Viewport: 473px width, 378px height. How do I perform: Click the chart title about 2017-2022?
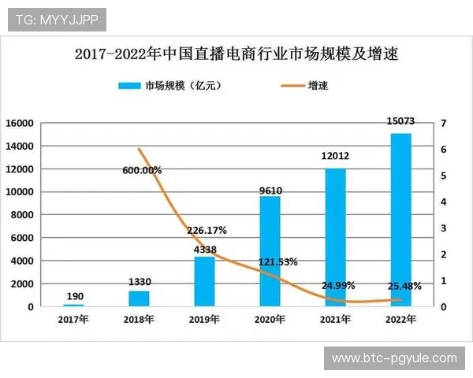coord(236,54)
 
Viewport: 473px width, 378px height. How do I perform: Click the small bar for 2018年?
coord(139,298)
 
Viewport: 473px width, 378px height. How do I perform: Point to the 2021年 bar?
coord(335,237)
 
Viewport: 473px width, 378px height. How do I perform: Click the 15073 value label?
coord(400,122)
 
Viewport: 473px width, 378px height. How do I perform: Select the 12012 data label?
coord(335,157)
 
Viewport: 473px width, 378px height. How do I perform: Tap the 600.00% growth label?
coord(143,170)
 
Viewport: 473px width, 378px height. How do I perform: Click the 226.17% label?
coord(207,231)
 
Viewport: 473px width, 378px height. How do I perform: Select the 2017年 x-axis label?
coord(73,319)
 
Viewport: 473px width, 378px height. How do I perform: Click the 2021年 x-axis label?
coord(335,319)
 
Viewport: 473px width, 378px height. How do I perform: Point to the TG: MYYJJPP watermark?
coord(56,18)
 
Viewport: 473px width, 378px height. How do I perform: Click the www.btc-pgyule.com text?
coord(394,358)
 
